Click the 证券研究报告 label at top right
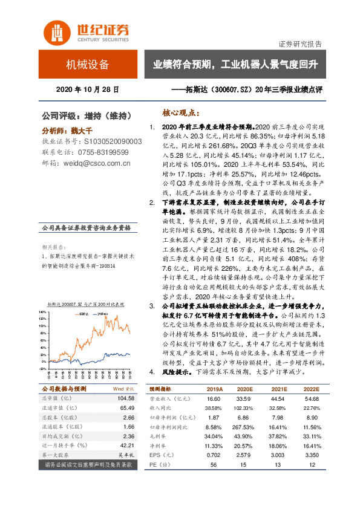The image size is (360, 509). click(x=300, y=44)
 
